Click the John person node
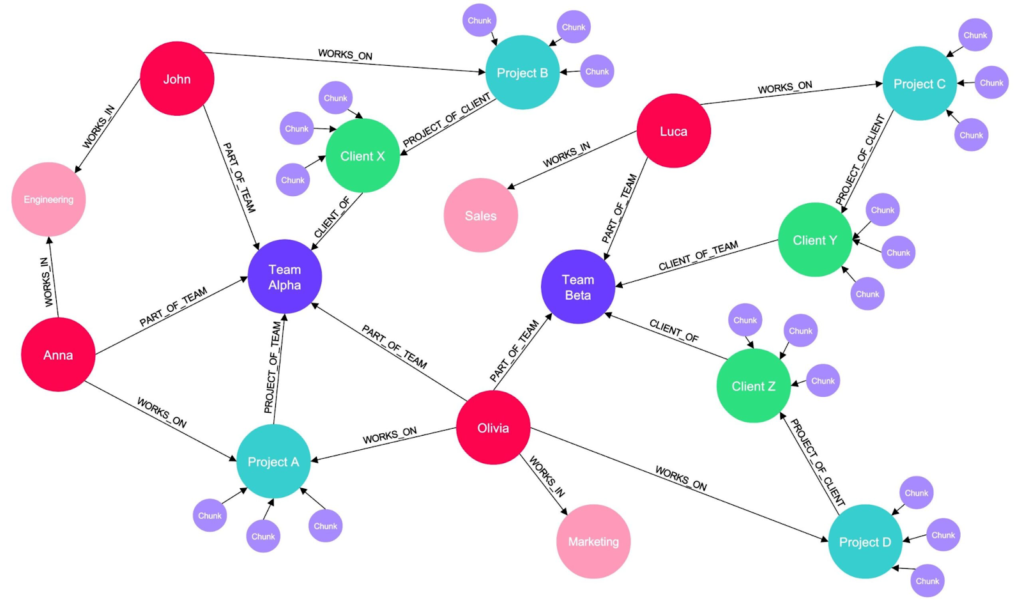coord(177,79)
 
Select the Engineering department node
coord(49,199)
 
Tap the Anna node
coord(58,355)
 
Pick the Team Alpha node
coord(284,277)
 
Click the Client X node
coord(362,156)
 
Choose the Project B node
coord(522,73)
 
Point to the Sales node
coord(480,215)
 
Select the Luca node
coord(673,131)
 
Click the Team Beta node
coord(577,287)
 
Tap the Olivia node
coord(493,427)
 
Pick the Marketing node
coord(593,541)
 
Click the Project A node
coord(273,461)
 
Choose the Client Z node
coord(753,386)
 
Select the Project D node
coord(864,542)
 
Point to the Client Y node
coord(814,240)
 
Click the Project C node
coord(919,84)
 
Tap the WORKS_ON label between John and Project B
coord(345,55)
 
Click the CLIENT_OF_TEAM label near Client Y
coord(698,256)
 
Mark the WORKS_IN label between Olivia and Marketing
coord(547,477)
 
